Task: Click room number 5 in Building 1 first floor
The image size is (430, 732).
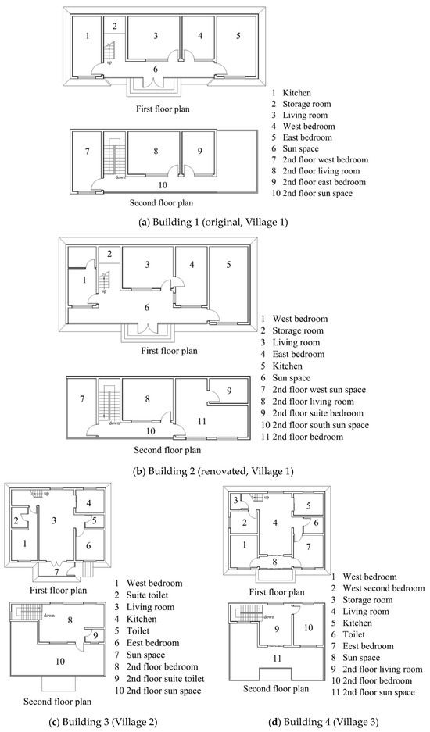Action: tap(238, 35)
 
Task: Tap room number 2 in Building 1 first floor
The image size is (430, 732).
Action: tap(114, 26)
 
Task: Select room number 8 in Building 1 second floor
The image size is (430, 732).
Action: tap(156, 151)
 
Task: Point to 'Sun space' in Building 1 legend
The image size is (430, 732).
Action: tap(300, 148)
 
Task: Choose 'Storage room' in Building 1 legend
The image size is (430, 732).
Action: tap(306, 104)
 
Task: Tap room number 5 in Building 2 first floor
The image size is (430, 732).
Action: tap(228, 264)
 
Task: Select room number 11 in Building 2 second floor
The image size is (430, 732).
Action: tap(202, 421)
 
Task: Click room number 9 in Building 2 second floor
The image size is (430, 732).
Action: tap(229, 391)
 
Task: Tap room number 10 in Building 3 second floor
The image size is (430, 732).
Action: tap(60, 661)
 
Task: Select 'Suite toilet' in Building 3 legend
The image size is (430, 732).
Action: tap(147, 595)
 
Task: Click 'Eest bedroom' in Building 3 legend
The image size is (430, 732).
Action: tap(152, 643)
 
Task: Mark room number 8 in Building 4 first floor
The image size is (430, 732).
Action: tap(275, 562)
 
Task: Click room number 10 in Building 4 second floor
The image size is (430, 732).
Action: tap(309, 627)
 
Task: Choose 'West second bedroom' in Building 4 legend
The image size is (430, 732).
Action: tap(384, 588)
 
